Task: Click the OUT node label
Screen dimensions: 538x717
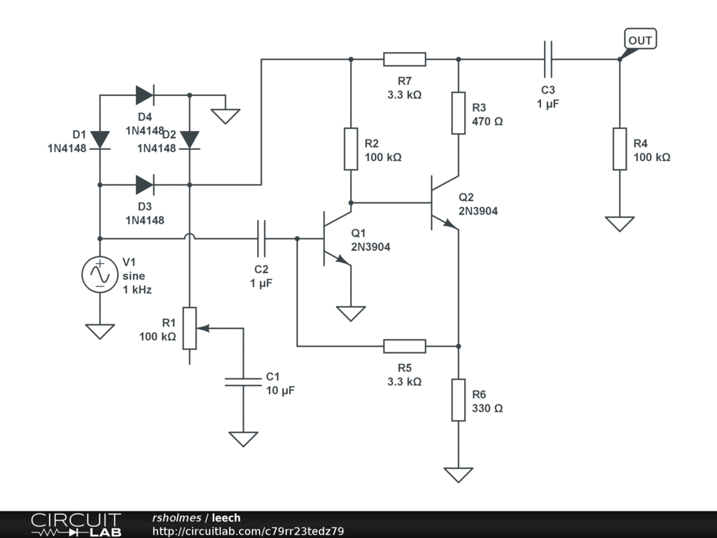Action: click(640, 40)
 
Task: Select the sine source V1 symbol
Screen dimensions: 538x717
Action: click(99, 274)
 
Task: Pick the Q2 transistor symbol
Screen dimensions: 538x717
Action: click(443, 203)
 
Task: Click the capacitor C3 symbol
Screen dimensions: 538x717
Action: click(548, 59)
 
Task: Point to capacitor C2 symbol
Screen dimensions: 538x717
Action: click(262, 239)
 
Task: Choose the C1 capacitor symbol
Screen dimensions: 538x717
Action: click(243, 382)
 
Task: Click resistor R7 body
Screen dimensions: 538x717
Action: click(405, 59)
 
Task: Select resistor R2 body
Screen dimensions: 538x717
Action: click(351, 149)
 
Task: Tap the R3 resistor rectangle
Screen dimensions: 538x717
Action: click(458, 113)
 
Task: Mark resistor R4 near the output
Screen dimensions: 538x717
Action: click(620, 149)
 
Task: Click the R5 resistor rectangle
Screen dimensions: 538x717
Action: click(405, 346)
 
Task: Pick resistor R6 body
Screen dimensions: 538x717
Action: click(458, 399)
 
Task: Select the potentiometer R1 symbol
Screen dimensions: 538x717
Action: click(190, 328)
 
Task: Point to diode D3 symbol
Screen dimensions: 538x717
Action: click(144, 185)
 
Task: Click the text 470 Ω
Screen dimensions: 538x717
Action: click(487, 121)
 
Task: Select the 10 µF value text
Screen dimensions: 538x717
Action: click(280, 390)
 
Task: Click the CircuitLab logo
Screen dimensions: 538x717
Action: click(76, 525)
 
